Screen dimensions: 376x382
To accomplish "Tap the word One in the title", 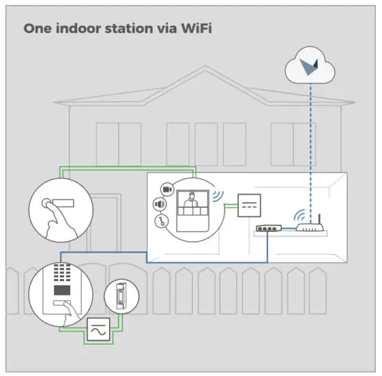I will (36, 29).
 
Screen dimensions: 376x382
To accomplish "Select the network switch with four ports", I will (267, 228).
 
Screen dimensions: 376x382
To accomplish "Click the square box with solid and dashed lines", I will (249, 203).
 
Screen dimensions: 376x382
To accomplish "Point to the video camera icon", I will (167, 188).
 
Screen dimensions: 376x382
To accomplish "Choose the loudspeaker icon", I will (159, 205).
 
